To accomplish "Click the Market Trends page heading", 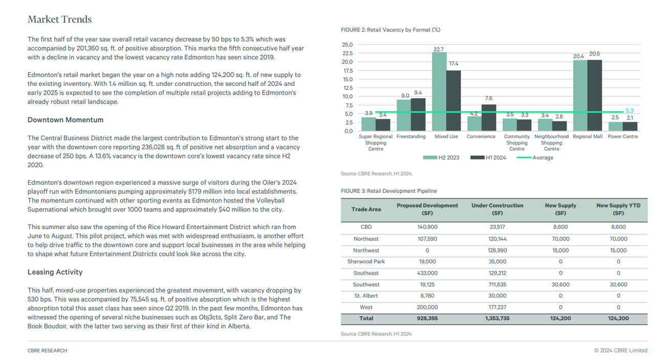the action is (60, 19).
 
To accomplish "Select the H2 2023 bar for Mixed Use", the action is (439, 92).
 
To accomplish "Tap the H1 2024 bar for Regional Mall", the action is (595, 95).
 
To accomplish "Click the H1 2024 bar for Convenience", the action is (489, 118).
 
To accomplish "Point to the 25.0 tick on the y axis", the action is (347, 44).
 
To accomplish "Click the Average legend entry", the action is (535, 157).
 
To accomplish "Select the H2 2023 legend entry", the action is (441, 157).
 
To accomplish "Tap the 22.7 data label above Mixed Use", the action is (439, 50).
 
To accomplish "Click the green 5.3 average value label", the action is (629, 111).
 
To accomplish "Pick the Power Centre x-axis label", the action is (623, 137).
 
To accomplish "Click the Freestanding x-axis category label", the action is (411, 137).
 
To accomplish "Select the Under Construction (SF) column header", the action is (497, 209).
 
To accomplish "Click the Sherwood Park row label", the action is (366, 261).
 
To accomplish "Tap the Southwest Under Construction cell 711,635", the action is (497, 284).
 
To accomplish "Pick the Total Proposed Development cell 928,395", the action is (427, 318).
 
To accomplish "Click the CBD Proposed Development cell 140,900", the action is (427, 227).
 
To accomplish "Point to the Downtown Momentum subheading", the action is (65, 120).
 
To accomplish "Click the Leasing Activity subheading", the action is (55, 272).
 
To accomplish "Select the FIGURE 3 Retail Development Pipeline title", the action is (388, 191).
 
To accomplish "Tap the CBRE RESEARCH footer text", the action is (48, 350).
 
